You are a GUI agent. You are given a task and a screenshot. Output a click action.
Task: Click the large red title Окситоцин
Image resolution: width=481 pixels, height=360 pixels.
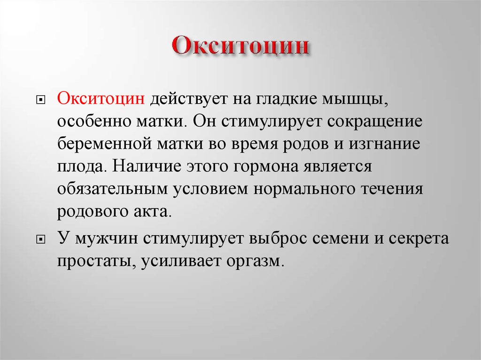[240, 46]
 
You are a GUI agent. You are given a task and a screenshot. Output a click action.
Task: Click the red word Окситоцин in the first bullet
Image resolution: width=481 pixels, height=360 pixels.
[101, 99]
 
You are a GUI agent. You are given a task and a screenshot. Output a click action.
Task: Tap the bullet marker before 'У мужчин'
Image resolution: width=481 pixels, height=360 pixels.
[40, 239]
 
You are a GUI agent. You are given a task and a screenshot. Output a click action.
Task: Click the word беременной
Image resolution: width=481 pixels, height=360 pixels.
[105, 144]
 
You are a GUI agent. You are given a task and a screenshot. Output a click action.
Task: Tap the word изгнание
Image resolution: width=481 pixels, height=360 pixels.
[384, 144]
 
